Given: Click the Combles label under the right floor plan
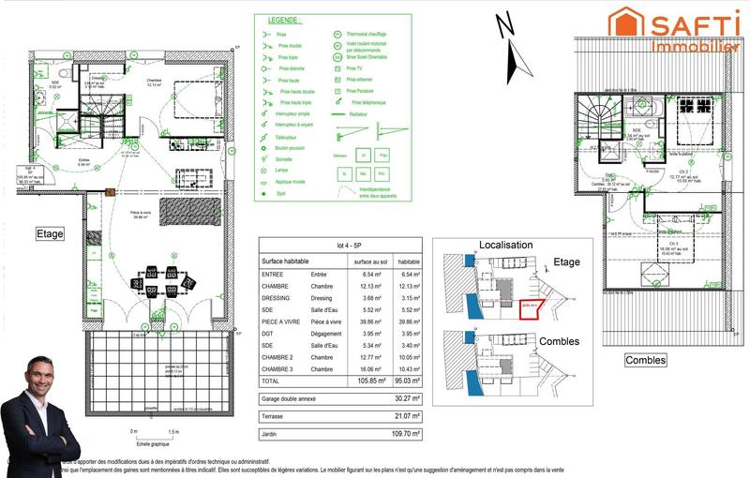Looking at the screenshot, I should [647, 360].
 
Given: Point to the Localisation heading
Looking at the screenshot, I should [506, 244].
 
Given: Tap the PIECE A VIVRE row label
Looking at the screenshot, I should [282, 321].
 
